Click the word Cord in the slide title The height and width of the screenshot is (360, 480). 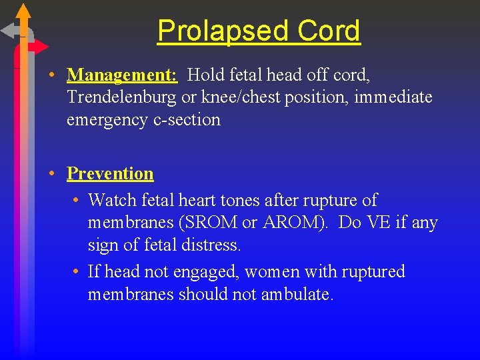[x=329, y=31]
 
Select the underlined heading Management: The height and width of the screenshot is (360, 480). [x=123, y=75]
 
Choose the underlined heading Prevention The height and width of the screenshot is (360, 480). [x=110, y=173]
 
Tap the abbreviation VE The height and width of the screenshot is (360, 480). [x=378, y=223]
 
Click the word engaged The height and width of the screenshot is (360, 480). [x=211, y=272]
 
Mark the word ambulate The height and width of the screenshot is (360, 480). [x=298, y=295]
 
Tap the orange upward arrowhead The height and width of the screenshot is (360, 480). [x=23, y=11]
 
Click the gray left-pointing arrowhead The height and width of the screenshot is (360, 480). [x=9, y=31]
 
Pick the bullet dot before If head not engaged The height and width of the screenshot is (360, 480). [x=78, y=272]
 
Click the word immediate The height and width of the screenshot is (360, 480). [x=393, y=97]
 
